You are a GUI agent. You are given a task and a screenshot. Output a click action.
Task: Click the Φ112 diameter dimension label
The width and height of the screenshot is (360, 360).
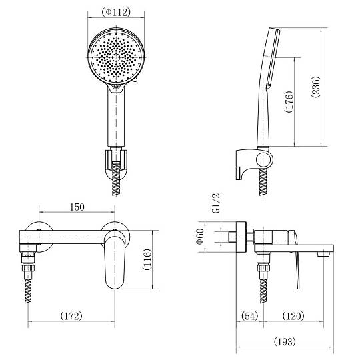[116, 12]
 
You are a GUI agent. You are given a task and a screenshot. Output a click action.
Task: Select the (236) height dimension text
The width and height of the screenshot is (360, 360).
[316, 87]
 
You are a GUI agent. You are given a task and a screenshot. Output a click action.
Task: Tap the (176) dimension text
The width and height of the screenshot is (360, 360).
[289, 102]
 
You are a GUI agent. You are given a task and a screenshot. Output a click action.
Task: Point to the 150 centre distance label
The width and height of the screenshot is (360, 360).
[77, 207]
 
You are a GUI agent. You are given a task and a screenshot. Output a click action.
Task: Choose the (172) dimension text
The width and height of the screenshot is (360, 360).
[71, 316]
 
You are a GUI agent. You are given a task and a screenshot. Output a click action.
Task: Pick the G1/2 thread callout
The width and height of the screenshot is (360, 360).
[216, 203]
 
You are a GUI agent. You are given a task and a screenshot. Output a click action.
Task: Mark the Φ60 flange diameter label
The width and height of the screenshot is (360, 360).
[200, 237]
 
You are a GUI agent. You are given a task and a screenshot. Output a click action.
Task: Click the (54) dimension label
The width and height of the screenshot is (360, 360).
[250, 316]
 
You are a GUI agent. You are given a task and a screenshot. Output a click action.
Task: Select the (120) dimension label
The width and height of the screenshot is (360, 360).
[293, 316]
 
